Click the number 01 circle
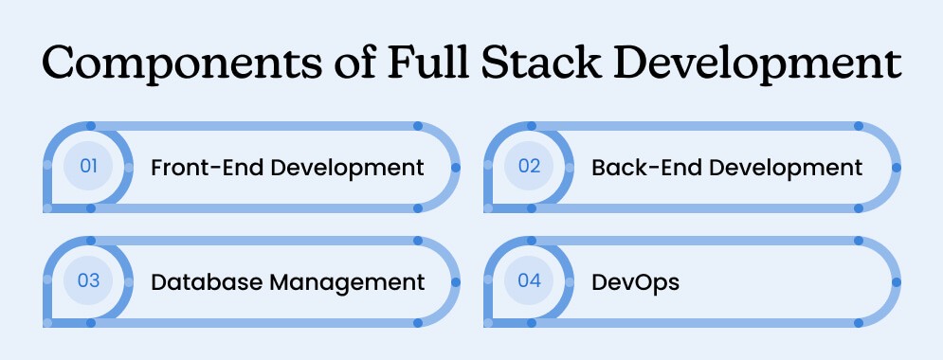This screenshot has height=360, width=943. tap(88, 167)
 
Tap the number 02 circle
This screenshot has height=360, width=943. tap(528, 167)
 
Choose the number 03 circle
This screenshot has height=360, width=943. tap(88, 281)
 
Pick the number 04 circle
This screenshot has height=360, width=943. tap(528, 281)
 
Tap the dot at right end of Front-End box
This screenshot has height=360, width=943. tap(456, 167)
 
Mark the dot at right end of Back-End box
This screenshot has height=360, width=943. tap(896, 167)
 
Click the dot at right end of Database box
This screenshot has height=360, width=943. tap(456, 281)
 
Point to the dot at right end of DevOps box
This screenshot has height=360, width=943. tap(896, 281)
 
